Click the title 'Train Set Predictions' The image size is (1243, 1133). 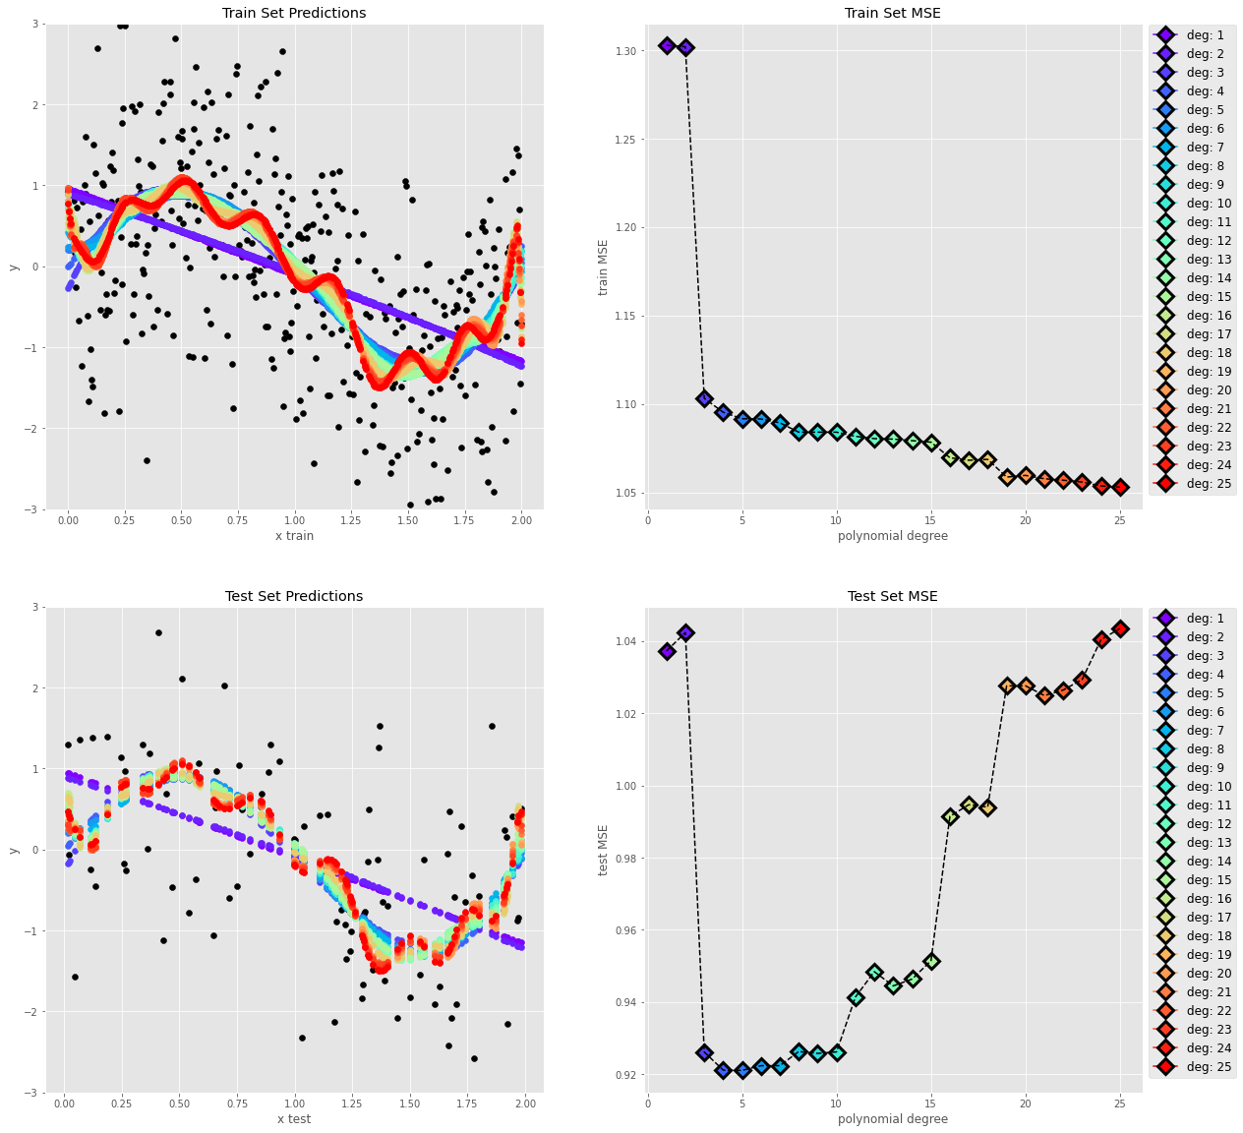point(294,13)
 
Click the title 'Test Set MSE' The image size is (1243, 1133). point(892,596)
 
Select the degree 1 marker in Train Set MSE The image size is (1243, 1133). point(667,45)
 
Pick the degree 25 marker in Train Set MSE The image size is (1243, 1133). point(1120,487)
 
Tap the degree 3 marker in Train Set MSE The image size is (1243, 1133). point(704,398)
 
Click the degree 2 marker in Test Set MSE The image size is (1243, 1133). point(685,632)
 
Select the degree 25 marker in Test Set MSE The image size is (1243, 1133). point(1120,628)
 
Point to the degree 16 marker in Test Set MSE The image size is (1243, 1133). point(950,816)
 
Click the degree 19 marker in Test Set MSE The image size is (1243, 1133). point(1007,686)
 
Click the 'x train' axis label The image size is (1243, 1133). point(294,535)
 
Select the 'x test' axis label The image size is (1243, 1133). point(294,1118)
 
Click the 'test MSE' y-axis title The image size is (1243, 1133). point(604,850)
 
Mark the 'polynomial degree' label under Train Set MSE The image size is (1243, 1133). point(892,535)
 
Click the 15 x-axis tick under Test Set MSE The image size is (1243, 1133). point(930,1103)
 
